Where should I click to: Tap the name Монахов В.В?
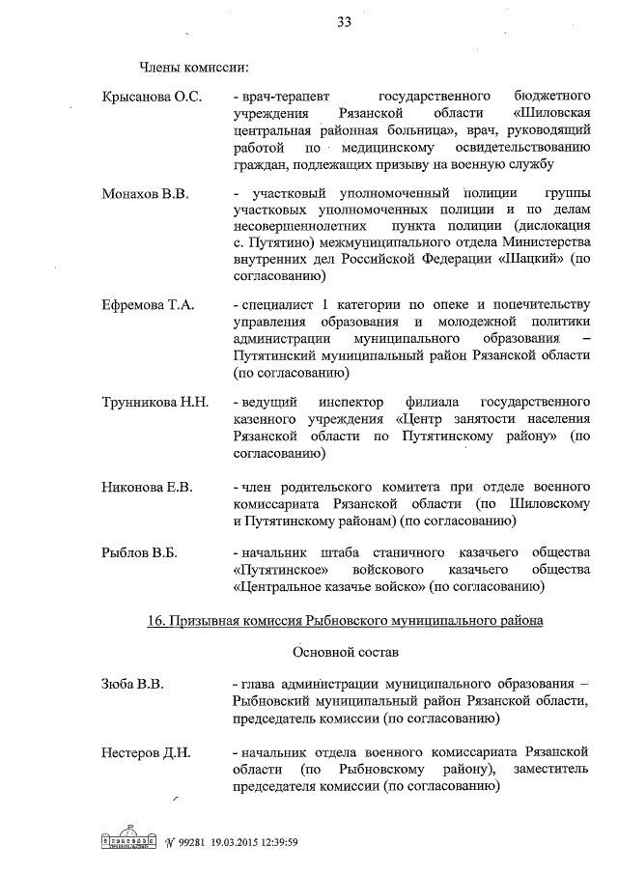(x=144, y=193)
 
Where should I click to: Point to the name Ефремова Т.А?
(x=147, y=305)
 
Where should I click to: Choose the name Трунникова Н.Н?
(x=154, y=401)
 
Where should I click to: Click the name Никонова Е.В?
(x=147, y=487)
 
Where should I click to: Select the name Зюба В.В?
(x=132, y=684)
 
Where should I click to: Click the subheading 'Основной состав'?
(x=344, y=652)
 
